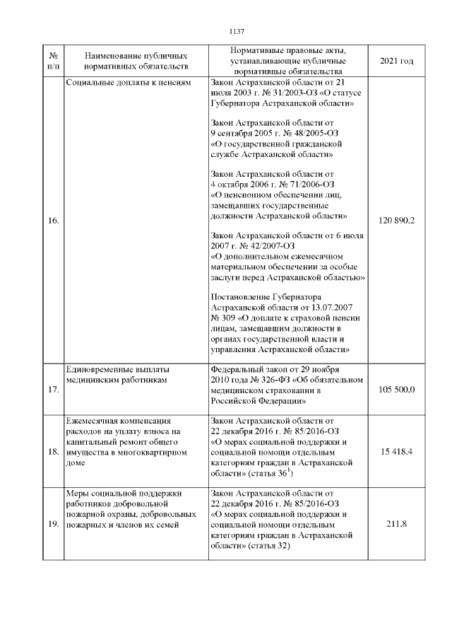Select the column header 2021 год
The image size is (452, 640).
tap(396, 62)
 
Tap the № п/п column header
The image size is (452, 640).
tap(53, 61)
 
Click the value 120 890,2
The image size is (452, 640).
tap(396, 221)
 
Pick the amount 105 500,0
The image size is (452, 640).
tap(396, 390)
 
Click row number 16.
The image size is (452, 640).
tap(53, 221)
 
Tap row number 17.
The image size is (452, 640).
tap(53, 390)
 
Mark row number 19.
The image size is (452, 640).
tap(53, 524)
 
